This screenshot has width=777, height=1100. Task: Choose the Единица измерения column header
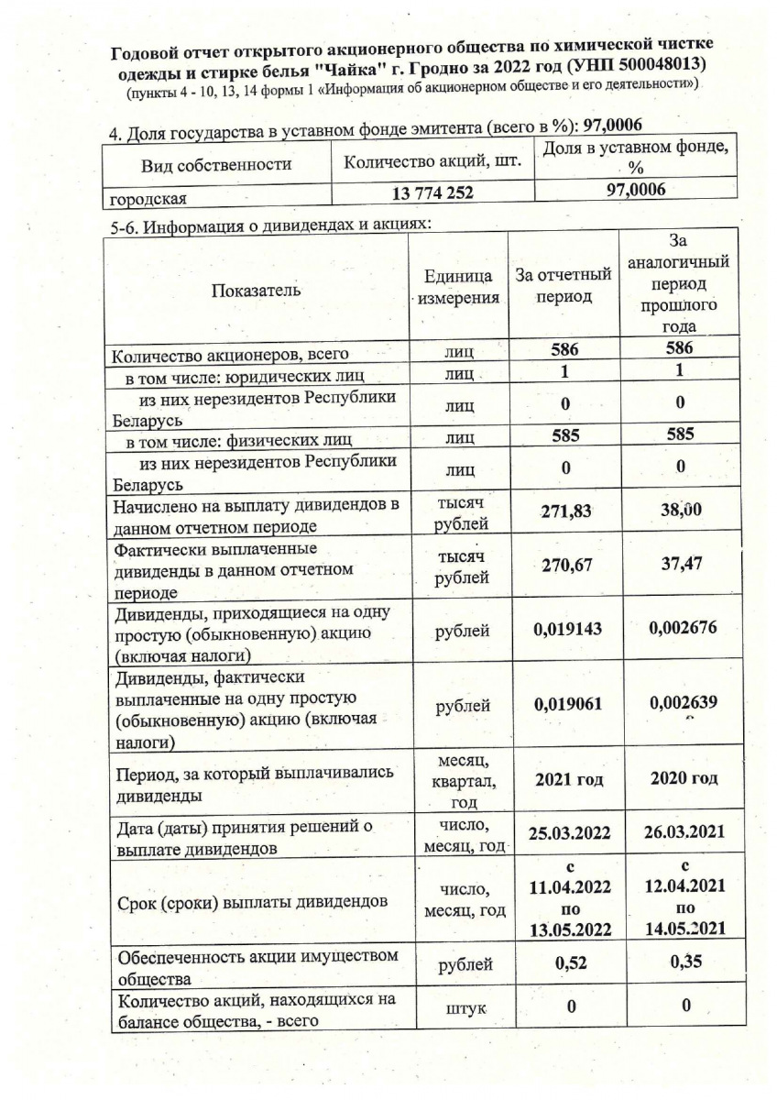point(462,286)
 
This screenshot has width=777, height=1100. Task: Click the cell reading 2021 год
point(566,779)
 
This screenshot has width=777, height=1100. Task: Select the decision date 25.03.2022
point(566,835)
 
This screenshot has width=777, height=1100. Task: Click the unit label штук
point(463,1008)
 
